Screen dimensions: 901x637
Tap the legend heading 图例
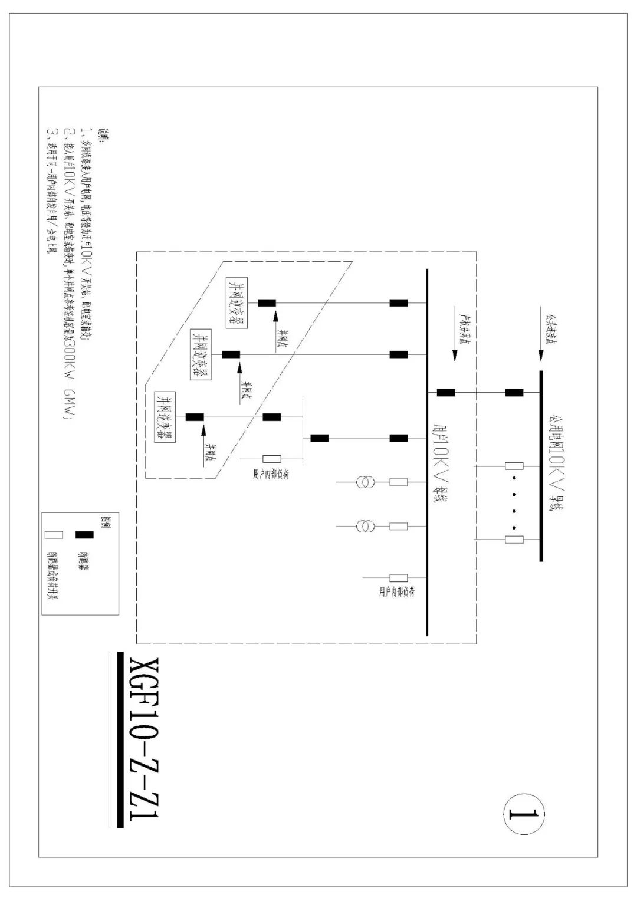[x=106, y=521]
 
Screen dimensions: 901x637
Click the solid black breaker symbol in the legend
[x=84, y=534]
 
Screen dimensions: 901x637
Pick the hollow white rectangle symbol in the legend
[x=54, y=534]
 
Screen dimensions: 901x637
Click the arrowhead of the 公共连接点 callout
[x=541, y=356]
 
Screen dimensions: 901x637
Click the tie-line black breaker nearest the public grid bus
[x=514, y=392]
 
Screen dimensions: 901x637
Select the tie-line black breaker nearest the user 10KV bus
[x=445, y=392]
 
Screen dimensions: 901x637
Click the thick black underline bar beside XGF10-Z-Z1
[x=120, y=739]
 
